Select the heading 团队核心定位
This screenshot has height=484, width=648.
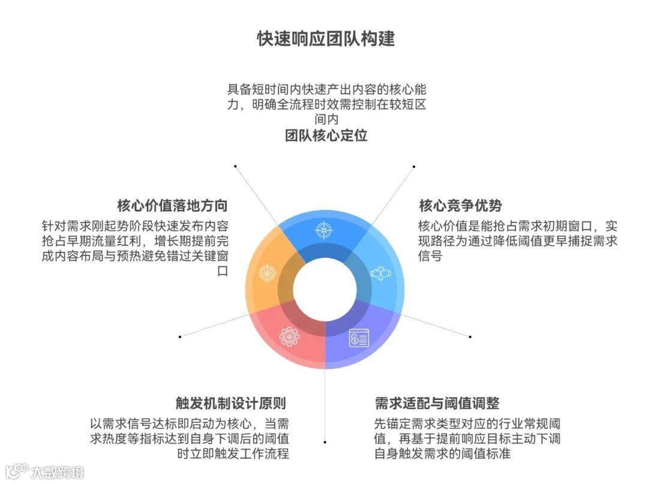tap(326, 135)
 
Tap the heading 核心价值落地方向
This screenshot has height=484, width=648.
tap(172, 205)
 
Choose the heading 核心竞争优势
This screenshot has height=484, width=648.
tap(460, 205)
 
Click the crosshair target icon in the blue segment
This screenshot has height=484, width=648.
tap(323, 230)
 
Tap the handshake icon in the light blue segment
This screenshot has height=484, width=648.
tap(380, 273)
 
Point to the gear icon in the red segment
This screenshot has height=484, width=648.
tap(289, 336)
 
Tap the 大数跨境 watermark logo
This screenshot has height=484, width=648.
tap(45, 471)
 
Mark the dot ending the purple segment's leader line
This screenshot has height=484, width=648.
tap(325, 442)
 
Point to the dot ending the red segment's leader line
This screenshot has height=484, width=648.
tap(180, 336)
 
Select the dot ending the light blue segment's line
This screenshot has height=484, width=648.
tap(470, 336)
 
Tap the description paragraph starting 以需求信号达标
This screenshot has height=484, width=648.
tap(189, 438)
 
